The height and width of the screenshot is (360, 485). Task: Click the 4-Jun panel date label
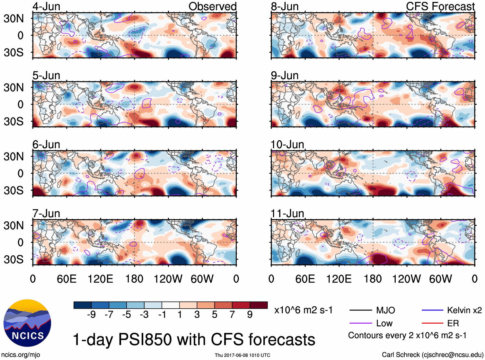click(46, 6)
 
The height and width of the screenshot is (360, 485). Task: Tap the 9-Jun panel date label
click(285, 75)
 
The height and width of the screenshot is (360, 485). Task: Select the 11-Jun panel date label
click(287, 214)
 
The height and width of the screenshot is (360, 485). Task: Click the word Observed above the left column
click(212, 6)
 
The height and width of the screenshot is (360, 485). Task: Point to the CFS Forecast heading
click(440, 6)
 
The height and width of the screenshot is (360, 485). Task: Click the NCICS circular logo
click(27, 323)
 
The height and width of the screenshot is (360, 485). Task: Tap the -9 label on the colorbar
click(91, 315)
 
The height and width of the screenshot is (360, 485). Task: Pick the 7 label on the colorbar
click(232, 315)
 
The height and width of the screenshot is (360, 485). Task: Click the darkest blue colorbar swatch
click(83, 305)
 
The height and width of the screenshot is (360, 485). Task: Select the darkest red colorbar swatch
click(259, 305)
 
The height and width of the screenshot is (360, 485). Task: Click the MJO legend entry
click(385, 310)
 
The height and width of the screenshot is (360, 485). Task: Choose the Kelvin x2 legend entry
click(464, 310)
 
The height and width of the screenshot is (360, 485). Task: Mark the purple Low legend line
click(360, 323)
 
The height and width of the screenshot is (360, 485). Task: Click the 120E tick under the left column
click(100, 279)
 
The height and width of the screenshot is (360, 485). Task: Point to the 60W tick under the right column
click(440, 279)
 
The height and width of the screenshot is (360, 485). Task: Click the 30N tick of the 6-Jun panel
click(13, 156)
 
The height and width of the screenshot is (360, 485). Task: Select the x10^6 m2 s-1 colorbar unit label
click(303, 310)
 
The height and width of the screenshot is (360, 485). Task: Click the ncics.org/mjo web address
click(21, 355)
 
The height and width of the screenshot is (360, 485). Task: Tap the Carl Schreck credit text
click(432, 355)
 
